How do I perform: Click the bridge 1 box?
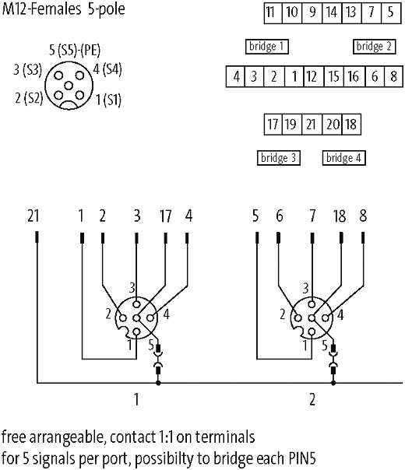pyautogui.click(x=266, y=47)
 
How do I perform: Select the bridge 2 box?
pyautogui.click(x=374, y=47)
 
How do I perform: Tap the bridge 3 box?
pyautogui.click(x=278, y=158)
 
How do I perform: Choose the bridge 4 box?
pyautogui.click(x=343, y=158)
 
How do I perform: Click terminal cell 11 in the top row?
pyautogui.click(x=273, y=13)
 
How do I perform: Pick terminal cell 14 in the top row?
pyautogui.click(x=332, y=13)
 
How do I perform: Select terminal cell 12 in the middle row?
pyautogui.click(x=314, y=76)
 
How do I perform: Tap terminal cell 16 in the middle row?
pyautogui.click(x=354, y=76)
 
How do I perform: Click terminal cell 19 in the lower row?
pyautogui.click(x=292, y=124)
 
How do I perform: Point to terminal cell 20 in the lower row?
pyautogui.click(x=332, y=124)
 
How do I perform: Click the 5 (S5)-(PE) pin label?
pyautogui.click(x=75, y=50)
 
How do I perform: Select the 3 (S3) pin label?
pyautogui.click(x=27, y=69)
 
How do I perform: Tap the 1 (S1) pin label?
pyautogui.click(x=108, y=100)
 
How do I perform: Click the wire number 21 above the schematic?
pyautogui.click(x=33, y=216)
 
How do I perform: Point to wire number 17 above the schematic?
pyautogui.click(x=165, y=216)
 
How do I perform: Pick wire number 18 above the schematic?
pyautogui.click(x=340, y=216)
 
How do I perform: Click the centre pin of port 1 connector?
pyautogui.click(x=136, y=318)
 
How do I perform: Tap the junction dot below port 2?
pyautogui.click(x=333, y=383)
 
